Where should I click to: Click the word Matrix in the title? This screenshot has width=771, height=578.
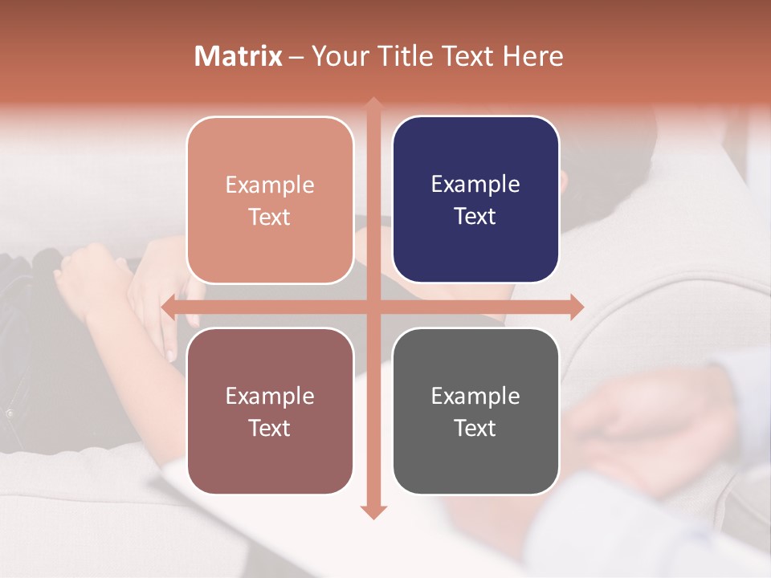click(239, 56)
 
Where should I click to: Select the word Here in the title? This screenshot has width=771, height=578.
click(533, 56)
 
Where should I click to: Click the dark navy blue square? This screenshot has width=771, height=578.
click(475, 199)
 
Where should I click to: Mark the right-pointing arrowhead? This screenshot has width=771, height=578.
click(575, 307)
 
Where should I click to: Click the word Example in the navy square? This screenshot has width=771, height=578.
click(475, 185)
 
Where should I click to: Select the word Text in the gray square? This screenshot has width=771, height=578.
click(475, 429)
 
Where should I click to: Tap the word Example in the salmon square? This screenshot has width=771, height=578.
click(270, 185)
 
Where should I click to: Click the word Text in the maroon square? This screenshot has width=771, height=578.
click(270, 429)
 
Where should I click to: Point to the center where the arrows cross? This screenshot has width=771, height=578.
click(373, 307)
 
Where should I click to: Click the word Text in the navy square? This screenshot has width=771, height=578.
click(475, 217)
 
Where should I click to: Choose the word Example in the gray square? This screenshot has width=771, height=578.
click(475, 396)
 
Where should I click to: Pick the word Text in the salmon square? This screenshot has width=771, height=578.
click(270, 218)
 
